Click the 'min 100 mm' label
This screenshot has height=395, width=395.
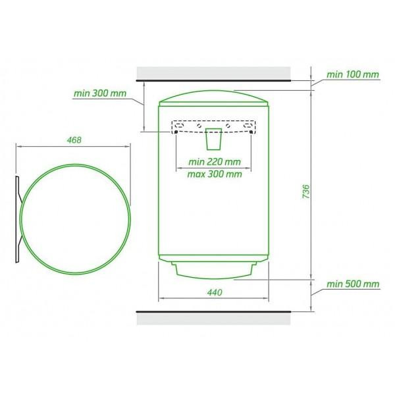[x=353, y=74]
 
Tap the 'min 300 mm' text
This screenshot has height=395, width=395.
[x=100, y=93]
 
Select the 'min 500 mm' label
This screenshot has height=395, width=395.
[x=353, y=284]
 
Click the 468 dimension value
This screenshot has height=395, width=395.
[x=74, y=140]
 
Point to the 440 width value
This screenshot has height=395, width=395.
[x=215, y=292]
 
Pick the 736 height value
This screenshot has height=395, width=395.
[x=306, y=192]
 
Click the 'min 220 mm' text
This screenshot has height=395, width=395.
[x=215, y=162]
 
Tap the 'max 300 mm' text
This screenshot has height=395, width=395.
[x=215, y=174]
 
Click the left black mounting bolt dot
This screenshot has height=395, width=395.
[x=176, y=132]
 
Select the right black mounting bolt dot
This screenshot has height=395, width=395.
[x=251, y=132]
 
